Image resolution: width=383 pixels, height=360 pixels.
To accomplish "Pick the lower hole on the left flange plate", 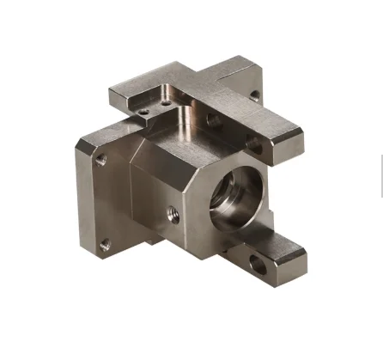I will coord(105,246).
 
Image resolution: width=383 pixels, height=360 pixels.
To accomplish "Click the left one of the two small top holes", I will coord(144,109).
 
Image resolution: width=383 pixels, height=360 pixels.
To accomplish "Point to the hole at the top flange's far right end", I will coord(256,96).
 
